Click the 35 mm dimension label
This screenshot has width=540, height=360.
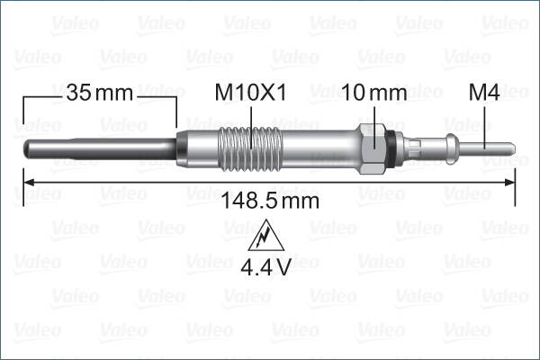click(x=99, y=92)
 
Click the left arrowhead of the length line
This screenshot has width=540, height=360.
click(x=27, y=182)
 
